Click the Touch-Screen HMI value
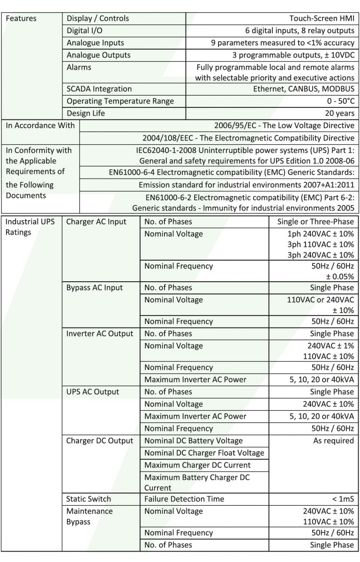[x=322, y=19]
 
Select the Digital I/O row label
[x=85, y=31]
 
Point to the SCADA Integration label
[x=99, y=89]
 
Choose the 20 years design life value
[x=339, y=113]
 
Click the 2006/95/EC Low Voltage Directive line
[x=284, y=126]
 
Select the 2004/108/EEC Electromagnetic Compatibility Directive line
[x=248, y=138]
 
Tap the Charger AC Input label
[x=97, y=222]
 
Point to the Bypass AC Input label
[x=95, y=288]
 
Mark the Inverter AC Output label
[x=100, y=334]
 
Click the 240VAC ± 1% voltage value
[x=329, y=346]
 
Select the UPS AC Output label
[x=93, y=392]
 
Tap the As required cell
[x=333, y=441]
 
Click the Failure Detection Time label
[x=184, y=499]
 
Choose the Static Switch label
[x=89, y=499]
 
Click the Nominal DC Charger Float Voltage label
[x=204, y=453]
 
